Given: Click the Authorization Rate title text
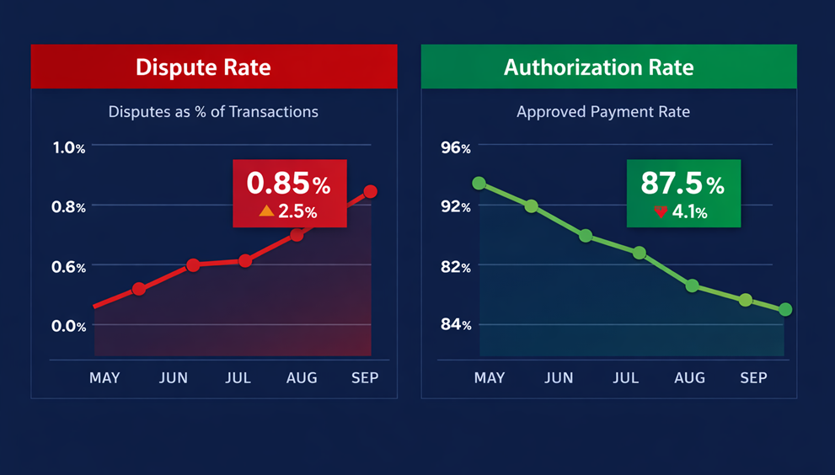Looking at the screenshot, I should (598, 67).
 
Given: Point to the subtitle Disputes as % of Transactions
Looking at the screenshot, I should (213, 111).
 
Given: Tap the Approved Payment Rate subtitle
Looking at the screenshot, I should (602, 111).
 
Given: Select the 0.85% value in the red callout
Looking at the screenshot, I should (288, 184).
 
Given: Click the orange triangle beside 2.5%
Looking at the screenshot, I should (266, 211).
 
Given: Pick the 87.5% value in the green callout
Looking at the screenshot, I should (682, 184).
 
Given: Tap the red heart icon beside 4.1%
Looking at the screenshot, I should (661, 212).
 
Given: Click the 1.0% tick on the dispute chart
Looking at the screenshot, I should (69, 147).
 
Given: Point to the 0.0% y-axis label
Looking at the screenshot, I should (69, 326).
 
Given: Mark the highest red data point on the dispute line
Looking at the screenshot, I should (370, 192).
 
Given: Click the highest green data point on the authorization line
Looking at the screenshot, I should (479, 183).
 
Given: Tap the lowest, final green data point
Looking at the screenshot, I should (785, 310).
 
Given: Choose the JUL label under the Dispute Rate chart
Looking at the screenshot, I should (238, 378).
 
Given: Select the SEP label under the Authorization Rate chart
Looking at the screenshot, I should (753, 378).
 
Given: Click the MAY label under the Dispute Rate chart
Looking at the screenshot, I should (104, 378).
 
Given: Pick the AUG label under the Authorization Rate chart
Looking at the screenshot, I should (689, 378).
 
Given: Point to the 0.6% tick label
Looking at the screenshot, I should (69, 267).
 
